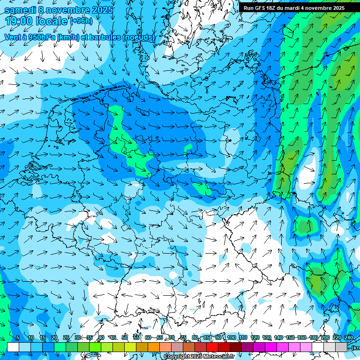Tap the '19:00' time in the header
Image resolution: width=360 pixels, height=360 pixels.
19,21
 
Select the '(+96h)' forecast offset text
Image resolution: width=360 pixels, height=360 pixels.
81,21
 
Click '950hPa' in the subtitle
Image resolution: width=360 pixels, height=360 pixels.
41,37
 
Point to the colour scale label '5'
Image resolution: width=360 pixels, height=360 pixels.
18,338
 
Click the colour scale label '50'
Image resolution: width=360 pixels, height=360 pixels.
125,338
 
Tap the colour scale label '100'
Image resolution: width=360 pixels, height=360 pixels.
231,338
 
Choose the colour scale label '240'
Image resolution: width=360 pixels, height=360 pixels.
349,338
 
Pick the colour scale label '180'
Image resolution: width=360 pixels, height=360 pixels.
314,338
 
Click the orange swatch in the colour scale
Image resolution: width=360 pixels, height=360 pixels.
142,347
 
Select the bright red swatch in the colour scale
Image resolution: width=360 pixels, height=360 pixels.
212,347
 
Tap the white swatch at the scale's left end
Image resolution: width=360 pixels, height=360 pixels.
13,347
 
